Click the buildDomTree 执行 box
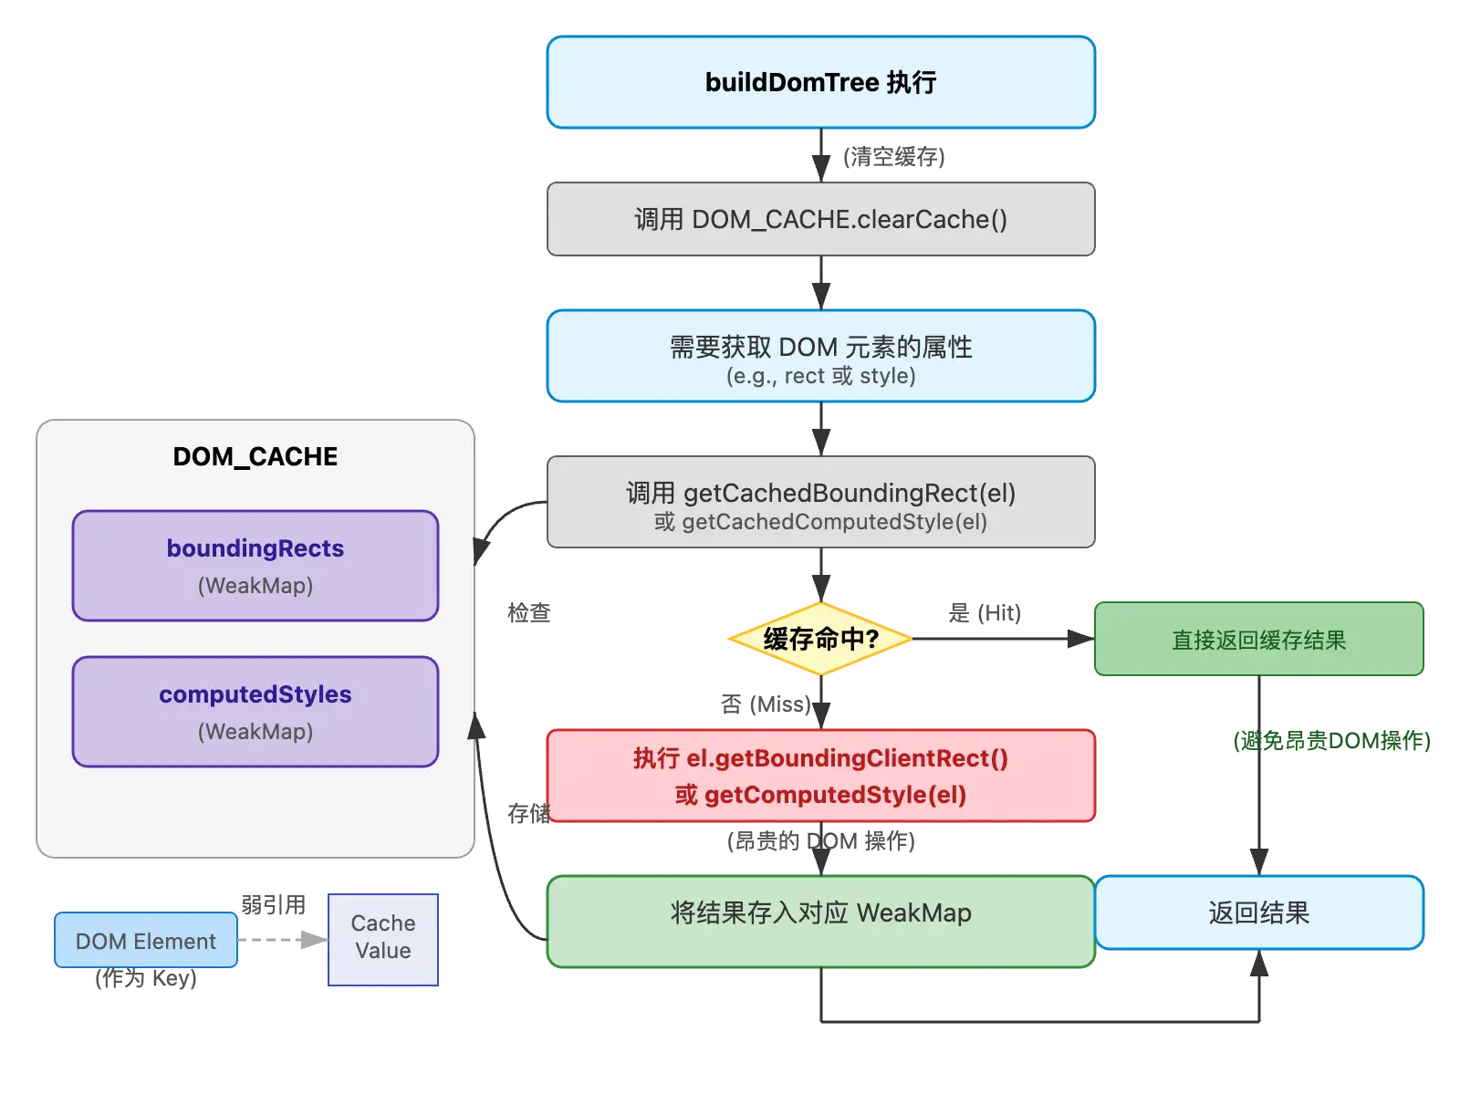(820, 82)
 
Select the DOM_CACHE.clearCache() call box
(820, 220)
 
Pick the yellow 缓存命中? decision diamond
(820, 639)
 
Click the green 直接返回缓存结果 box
(1258, 640)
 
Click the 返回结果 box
(1258, 912)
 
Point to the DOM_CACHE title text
(255, 456)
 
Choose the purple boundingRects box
(255, 566)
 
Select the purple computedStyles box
(255, 712)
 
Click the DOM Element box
(146, 941)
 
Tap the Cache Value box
(383, 938)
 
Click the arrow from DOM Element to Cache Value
(283, 938)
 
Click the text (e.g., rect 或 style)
(820, 376)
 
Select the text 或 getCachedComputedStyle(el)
(820, 522)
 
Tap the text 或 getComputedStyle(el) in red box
(820, 795)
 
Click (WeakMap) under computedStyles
(255, 732)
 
